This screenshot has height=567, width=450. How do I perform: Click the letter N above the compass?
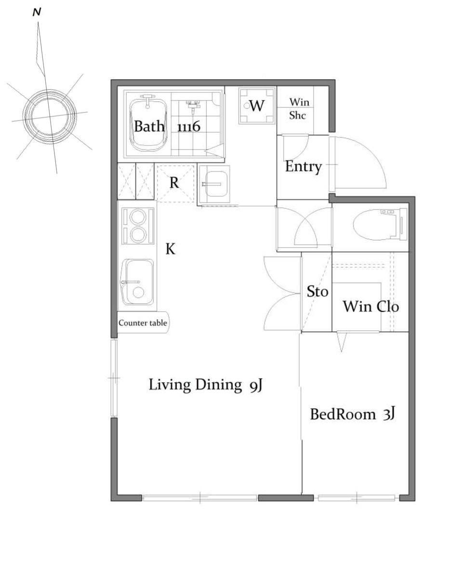37,13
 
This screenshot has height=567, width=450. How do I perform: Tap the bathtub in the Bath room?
148,125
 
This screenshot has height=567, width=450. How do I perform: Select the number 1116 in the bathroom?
188,126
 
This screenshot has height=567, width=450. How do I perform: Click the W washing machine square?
257,106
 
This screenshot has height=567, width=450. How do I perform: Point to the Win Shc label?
299,108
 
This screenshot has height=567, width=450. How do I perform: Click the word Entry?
303,166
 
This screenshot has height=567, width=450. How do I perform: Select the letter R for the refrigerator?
174,183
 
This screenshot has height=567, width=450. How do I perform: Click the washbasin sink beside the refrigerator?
214,184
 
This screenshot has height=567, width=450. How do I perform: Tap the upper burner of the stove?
138,218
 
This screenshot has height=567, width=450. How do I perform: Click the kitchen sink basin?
138,282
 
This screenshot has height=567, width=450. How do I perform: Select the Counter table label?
143,323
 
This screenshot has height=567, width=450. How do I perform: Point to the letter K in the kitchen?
171,249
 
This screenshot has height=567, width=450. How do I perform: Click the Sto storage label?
318,291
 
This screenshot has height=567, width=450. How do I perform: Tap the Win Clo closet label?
371,307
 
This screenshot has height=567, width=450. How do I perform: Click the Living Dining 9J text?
205,385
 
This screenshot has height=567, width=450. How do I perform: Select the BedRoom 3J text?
352,414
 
